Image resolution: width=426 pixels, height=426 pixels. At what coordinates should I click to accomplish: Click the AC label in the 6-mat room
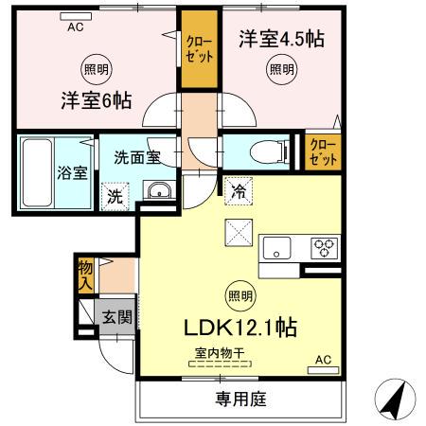76,27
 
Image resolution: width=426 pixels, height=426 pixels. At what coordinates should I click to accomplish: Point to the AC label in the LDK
323,359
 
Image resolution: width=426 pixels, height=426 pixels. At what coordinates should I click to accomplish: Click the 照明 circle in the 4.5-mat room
280,70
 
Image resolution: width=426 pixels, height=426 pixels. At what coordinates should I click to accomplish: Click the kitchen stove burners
326,250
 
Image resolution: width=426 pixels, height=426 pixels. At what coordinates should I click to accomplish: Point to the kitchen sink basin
279,250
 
